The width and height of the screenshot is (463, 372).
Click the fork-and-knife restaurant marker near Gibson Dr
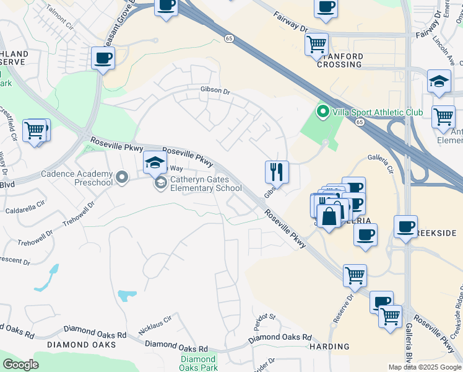point(277,172)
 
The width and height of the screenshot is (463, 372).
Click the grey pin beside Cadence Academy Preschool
point(122,178)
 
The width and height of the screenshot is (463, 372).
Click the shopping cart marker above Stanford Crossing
point(316,44)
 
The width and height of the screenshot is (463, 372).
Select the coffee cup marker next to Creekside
point(405,227)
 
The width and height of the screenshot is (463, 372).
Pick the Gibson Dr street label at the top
point(215,91)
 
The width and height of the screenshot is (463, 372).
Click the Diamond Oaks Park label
point(198,363)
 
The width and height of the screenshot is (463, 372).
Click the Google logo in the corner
point(20,364)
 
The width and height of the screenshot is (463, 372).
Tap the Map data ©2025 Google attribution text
point(424,367)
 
